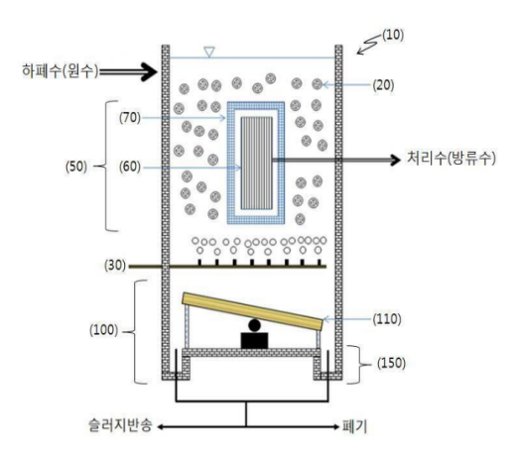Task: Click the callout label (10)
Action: tap(393, 35)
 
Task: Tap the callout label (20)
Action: tap(383, 85)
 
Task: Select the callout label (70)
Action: tap(130, 118)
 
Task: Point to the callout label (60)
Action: tap(130, 167)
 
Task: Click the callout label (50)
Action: tap(76, 167)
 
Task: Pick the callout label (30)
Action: tap(115, 266)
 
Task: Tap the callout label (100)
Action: tap(103, 330)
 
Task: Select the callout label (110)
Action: tap(387, 319)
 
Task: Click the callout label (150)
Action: tap(391, 363)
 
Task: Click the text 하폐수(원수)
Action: tap(61, 71)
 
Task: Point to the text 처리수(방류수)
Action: tap(451, 159)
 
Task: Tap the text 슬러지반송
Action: tap(120, 425)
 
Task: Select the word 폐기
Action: tap(355, 426)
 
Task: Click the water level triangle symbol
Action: tap(209, 52)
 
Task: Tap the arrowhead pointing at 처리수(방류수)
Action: tap(395, 160)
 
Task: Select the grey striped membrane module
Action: tap(256, 164)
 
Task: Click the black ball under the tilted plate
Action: tap(254, 325)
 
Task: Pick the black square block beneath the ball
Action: tap(254, 340)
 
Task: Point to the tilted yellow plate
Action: tap(252, 311)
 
